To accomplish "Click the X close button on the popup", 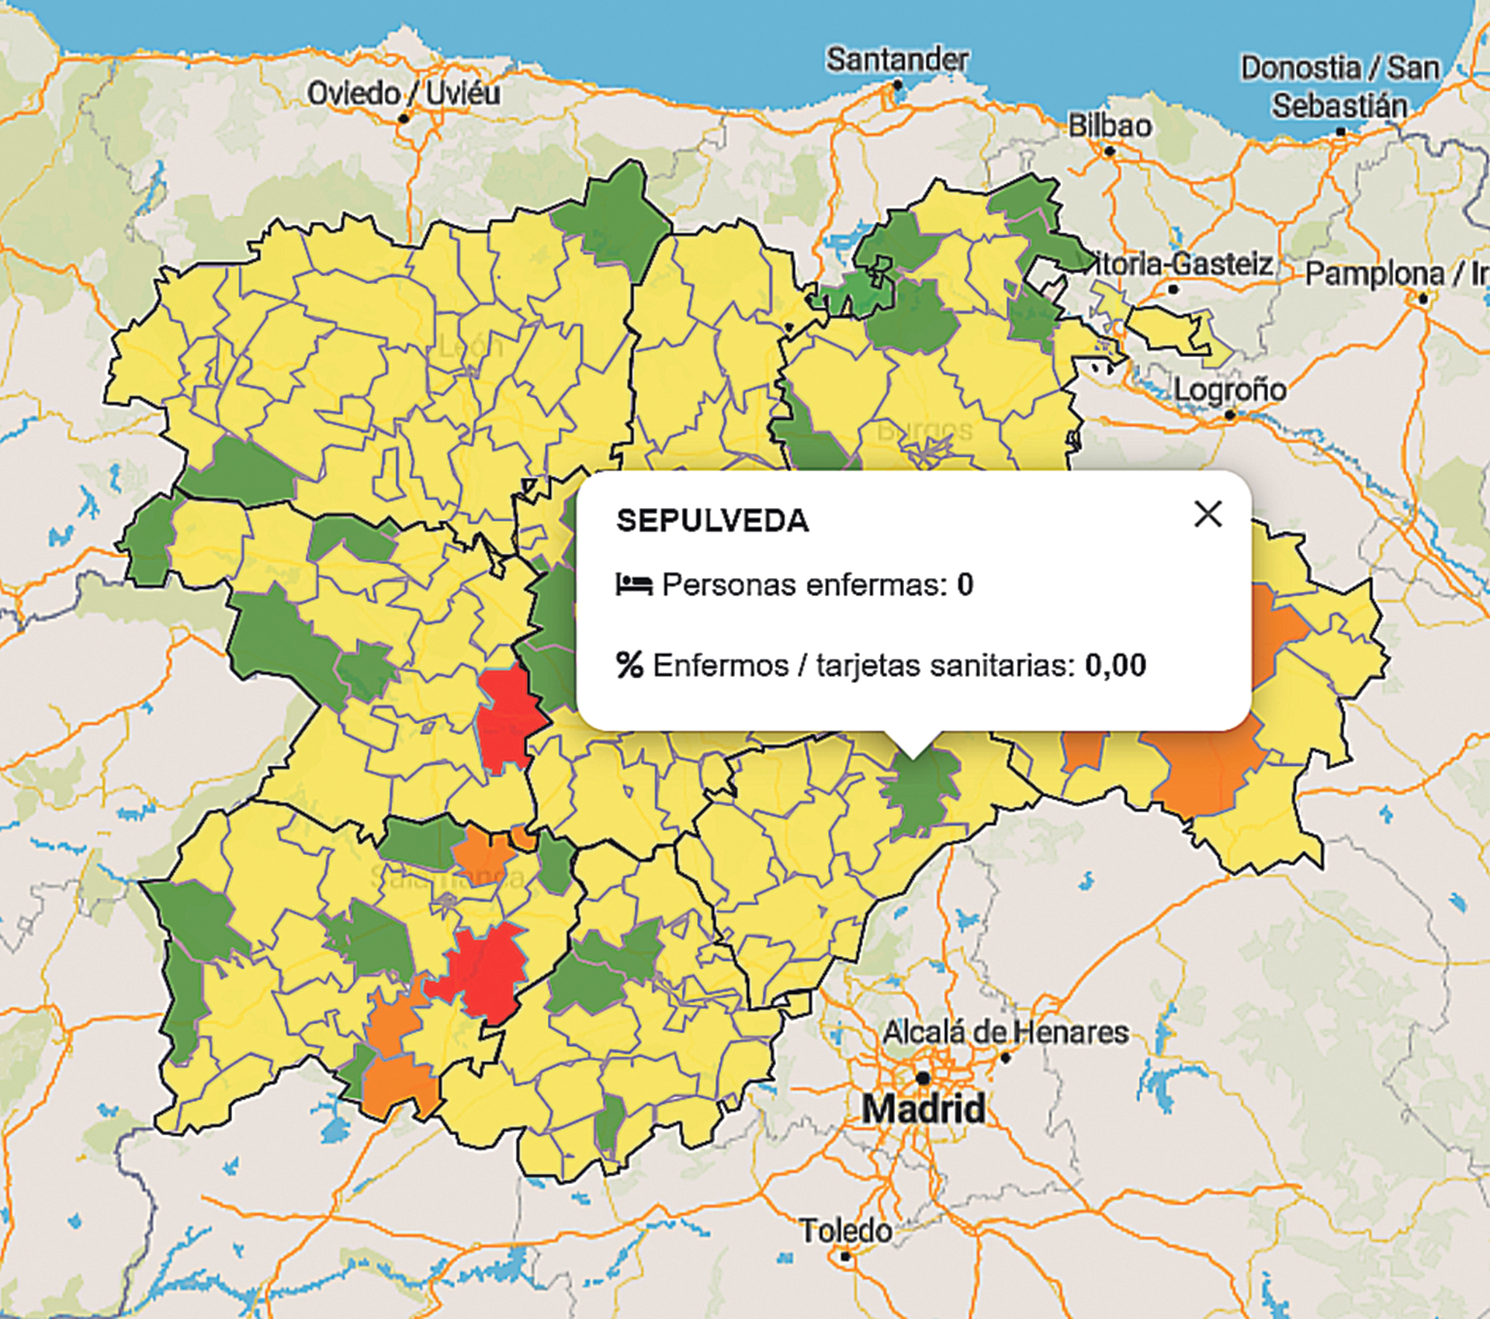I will click(x=1208, y=514).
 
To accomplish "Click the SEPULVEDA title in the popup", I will click(x=712, y=521).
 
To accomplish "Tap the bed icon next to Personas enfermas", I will click(x=633, y=584).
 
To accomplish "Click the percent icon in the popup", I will click(x=629, y=665).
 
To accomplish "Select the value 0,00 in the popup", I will click(x=1115, y=665).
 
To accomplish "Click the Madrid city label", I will click(x=923, y=1108).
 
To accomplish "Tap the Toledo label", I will click(x=846, y=1231).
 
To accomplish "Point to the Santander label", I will click(x=897, y=60).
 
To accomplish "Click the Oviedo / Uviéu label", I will click(x=404, y=93).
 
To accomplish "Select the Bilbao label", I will click(x=1110, y=126).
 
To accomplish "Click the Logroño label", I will click(x=1229, y=389).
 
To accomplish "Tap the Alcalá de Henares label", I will click(x=1006, y=1032).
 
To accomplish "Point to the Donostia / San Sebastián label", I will click(x=1339, y=87).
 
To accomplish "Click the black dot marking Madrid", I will click(x=923, y=1078).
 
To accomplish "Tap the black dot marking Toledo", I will click(x=846, y=1255).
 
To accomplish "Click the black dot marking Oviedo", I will click(x=404, y=118).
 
